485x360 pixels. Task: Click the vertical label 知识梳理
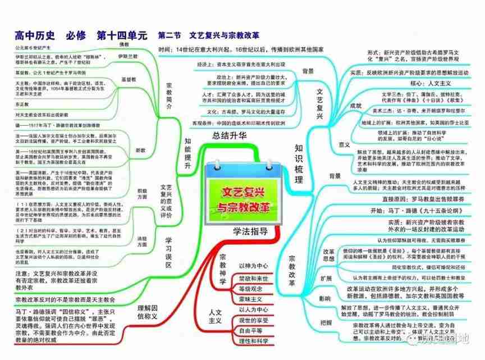click(299, 163)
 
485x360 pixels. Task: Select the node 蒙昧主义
click(254, 299)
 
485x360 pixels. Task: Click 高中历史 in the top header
click(34, 35)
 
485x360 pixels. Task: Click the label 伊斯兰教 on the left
click(127, 57)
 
